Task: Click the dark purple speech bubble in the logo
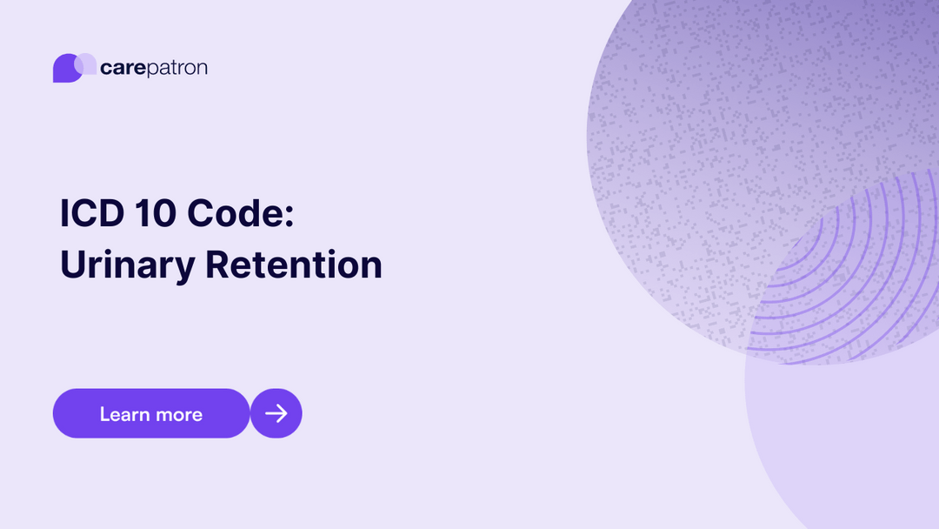point(64,70)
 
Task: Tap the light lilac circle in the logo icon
point(87,63)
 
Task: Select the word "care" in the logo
point(122,68)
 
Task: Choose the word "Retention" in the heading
point(294,264)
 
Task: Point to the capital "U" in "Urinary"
point(72,264)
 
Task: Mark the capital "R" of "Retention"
point(217,264)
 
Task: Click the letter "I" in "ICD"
point(64,213)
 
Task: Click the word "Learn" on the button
point(124,414)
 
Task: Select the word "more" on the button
point(178,415)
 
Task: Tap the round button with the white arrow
point(276,413)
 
